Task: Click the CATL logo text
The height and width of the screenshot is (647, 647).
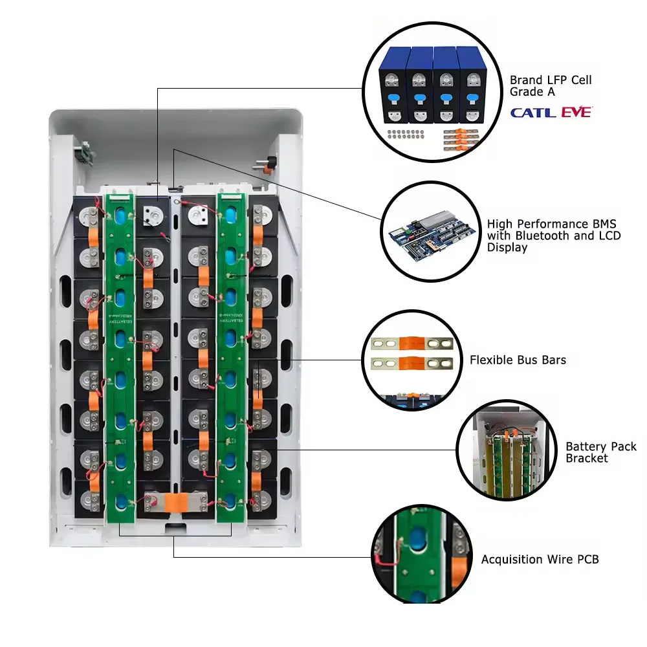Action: pos(532,113)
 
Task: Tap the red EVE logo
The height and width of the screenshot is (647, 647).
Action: pos(576,112)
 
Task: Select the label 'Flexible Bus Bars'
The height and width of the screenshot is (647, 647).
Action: pos(518,360)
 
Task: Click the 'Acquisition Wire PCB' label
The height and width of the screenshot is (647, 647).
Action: pos(540,559)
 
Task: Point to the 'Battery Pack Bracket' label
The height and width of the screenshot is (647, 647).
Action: pos(600,452)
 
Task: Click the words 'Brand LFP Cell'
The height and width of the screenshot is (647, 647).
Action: pos(551,80)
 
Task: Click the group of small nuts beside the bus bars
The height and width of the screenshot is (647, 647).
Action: pos(405,135)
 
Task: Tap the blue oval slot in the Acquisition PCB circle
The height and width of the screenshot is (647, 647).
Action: pos(414,540)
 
